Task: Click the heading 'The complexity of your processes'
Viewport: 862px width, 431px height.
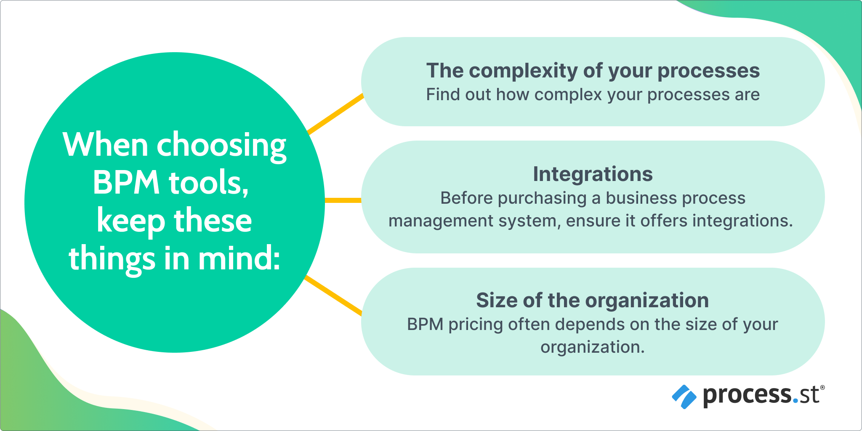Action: tap(593, 71)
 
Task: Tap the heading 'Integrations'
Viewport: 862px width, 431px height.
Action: tap(593, 174)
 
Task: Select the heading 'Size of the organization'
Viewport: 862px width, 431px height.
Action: tap(592, 301)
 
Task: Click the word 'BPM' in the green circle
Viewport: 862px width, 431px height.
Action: tap(126, 183)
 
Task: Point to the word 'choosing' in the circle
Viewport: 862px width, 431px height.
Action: tap(221, 146)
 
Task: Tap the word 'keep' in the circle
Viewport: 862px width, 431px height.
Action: tap(131, 221)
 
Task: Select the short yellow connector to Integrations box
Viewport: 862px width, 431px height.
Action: tap(343, 200)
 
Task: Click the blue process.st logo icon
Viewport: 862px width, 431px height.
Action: tap(684, 396)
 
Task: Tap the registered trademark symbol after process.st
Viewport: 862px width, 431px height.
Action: tap(822, 387)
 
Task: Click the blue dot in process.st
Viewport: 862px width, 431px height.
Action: tap(795, 402)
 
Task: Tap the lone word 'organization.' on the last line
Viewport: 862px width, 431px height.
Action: tap(592, 347)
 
